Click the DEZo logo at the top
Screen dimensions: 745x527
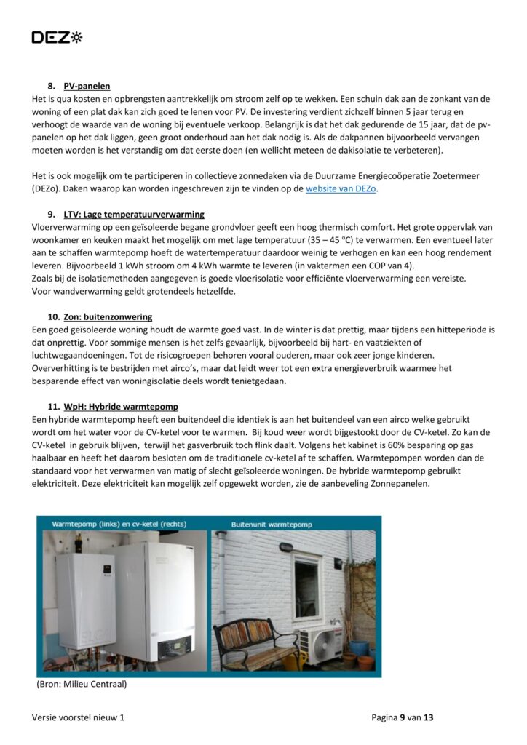click(x=57, y=37)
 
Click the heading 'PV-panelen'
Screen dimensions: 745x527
click(x=87, y=86)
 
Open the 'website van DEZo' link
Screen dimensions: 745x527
click(x=341, y=189)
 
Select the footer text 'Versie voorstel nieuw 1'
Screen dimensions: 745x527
click(x=78, y=717)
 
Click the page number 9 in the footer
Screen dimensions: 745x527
click(x=403, y=717)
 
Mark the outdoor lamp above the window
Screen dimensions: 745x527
click(x=285, y=547)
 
